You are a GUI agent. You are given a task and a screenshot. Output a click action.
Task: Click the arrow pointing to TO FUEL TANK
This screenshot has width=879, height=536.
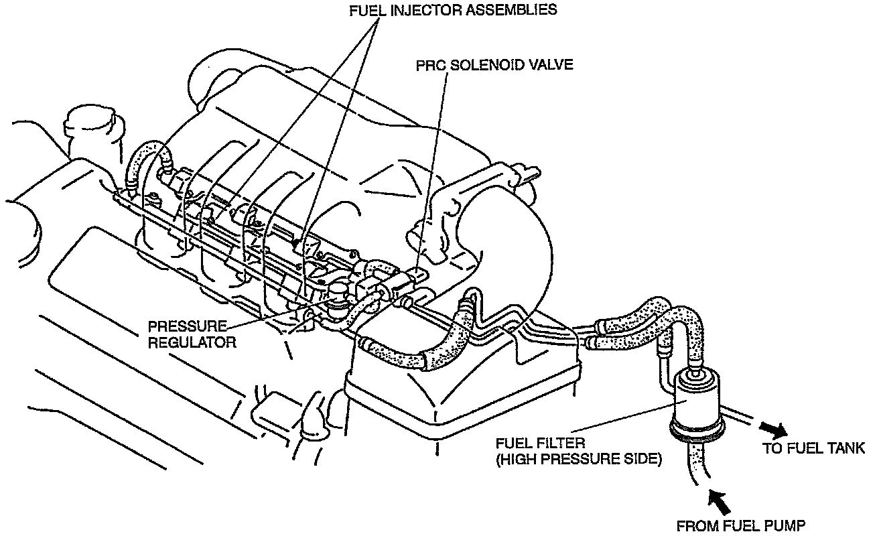[775, 429]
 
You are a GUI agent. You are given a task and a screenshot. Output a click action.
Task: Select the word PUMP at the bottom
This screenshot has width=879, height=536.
[786, 525]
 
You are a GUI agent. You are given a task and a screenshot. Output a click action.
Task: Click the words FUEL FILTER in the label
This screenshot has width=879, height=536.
[541, 444]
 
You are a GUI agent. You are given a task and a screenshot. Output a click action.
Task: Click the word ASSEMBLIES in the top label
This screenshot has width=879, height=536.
[521, 11]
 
